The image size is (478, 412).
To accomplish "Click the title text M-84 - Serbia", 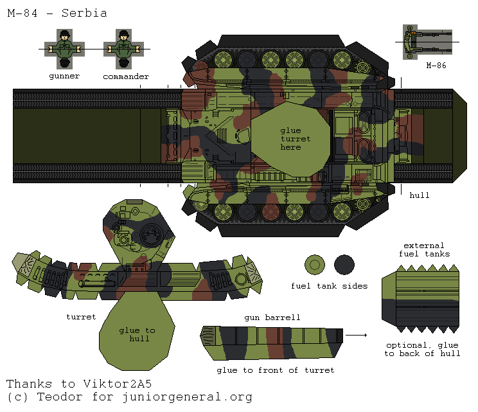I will coord(57,13).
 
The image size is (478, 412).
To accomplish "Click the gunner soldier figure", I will coord(64,49).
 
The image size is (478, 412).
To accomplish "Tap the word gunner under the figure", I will coord(64,76).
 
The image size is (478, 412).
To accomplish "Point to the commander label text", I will coord(125,76).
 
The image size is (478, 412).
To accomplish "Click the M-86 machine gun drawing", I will coord(427,41).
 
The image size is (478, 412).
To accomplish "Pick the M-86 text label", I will coord(436,65).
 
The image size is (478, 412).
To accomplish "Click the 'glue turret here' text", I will coord(295,139).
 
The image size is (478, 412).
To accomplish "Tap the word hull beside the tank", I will coord(419,195).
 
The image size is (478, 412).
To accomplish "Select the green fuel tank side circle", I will coord(315,264).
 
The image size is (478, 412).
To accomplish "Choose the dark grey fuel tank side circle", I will coord(344,264).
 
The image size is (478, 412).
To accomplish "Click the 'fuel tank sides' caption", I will coord(329,286).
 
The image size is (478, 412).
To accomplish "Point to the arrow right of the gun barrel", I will coord(356,335).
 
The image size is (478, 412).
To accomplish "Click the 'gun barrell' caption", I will coord(272,318).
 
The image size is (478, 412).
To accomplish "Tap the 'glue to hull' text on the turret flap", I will coord(137,334).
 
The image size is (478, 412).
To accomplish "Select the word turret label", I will coord(81,317).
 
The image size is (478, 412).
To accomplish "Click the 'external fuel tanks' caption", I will coord(423,249).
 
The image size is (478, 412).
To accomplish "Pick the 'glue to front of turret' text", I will coord(275,370).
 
